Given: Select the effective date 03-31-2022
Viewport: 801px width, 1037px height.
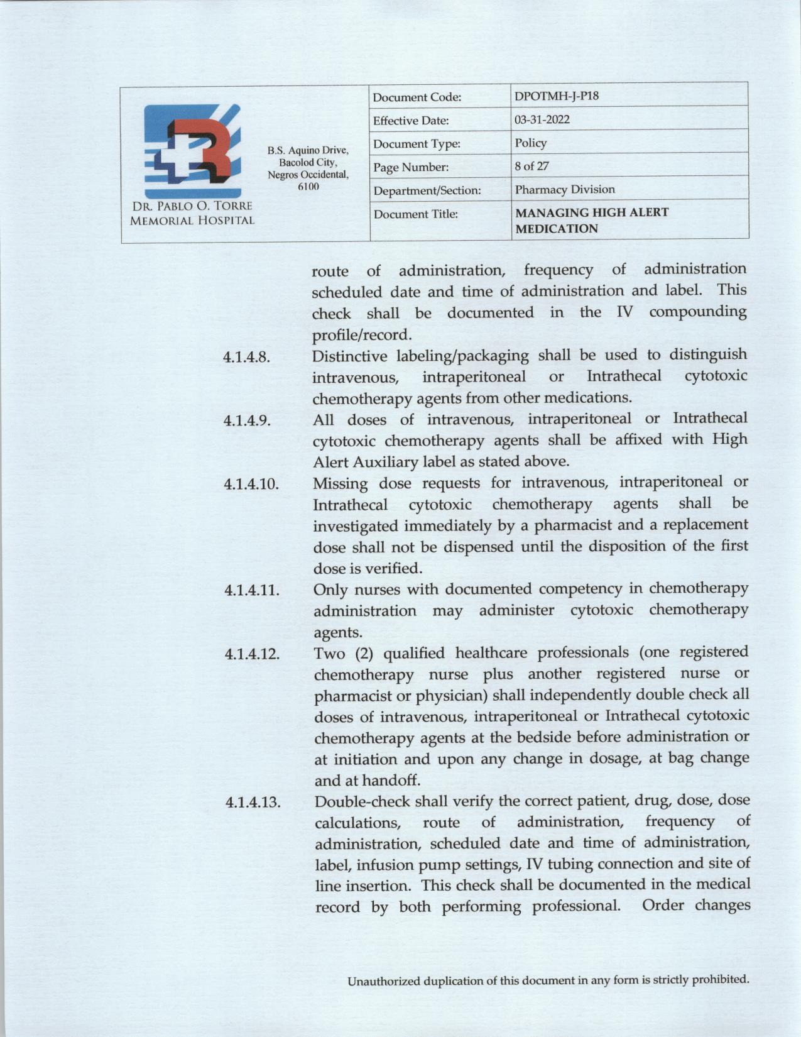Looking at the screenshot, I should (542, 119).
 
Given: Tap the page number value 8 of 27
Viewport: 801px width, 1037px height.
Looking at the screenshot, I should (531, 166).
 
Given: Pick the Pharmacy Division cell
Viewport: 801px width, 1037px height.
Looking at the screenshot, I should (564, 189).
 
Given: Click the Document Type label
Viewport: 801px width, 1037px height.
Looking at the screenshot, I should (417, 144).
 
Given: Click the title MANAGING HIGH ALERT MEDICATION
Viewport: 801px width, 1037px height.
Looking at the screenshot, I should (591, 220).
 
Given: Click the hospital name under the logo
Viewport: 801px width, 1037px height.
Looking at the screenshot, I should (192, 213).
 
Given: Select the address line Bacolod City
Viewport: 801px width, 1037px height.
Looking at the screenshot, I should (308, 162).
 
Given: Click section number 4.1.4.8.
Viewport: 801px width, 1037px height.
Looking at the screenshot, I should (247, 358).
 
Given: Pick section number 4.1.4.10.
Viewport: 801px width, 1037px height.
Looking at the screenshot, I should (251, 485).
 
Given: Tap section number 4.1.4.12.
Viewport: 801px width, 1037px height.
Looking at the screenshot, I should (252, 654).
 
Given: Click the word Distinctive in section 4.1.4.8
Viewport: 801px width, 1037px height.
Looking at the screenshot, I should (349, 356).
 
